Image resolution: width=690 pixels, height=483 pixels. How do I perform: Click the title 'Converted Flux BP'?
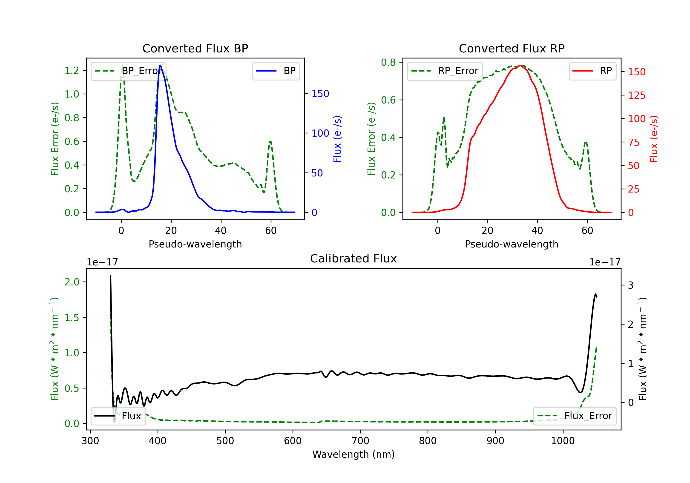[195, 48]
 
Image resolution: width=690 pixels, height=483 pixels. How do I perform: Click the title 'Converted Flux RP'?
[512, 48]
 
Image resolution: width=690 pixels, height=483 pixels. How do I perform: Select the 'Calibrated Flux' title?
[354, 259]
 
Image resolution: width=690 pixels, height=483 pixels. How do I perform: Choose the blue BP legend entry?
[276, 71]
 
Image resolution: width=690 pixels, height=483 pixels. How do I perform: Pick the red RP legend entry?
[592, 71]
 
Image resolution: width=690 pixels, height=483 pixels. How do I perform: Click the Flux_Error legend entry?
[574, 416]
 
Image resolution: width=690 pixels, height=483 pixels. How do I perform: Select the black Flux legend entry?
[118, 416]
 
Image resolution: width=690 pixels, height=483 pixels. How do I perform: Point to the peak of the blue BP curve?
[160, 65]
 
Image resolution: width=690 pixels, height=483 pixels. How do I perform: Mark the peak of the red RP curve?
[520, 65]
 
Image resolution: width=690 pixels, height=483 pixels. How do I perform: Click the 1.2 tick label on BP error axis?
[72, 70]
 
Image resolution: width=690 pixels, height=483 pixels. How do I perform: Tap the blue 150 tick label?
[320, 94]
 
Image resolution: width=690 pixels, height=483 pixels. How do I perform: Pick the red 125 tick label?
[637, 95]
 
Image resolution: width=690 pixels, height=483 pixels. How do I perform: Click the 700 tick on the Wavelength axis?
[360, 441]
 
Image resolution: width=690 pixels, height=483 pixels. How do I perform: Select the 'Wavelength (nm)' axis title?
[354, 454]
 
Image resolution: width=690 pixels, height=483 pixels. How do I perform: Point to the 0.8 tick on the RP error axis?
[388, 62]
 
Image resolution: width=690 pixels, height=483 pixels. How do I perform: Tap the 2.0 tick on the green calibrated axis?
[72, 282]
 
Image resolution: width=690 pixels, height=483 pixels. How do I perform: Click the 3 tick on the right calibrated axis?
[631, 285]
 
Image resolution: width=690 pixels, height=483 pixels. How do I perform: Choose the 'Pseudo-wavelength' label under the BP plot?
[195, 244]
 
